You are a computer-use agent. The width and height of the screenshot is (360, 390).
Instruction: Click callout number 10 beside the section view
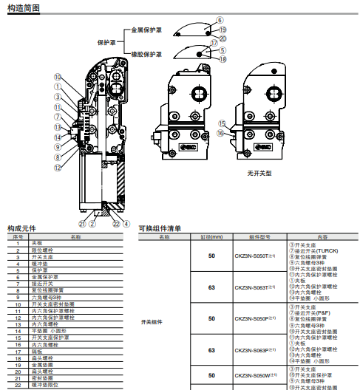pyautogui.click(x=58, y=77)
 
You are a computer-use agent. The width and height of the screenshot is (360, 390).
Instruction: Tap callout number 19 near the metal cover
pyautogui.click(x=223, y=29)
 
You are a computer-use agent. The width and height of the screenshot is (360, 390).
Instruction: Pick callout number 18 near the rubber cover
pyautogui.click(x=223, y=58)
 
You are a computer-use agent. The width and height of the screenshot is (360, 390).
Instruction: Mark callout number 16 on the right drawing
pyautogui.click(x=222, y=133)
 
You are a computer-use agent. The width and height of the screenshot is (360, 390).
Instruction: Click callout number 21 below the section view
pyautogui.click(x=83, y=224)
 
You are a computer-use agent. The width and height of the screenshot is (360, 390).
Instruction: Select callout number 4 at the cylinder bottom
pyautogui.click(x=126, y=224)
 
